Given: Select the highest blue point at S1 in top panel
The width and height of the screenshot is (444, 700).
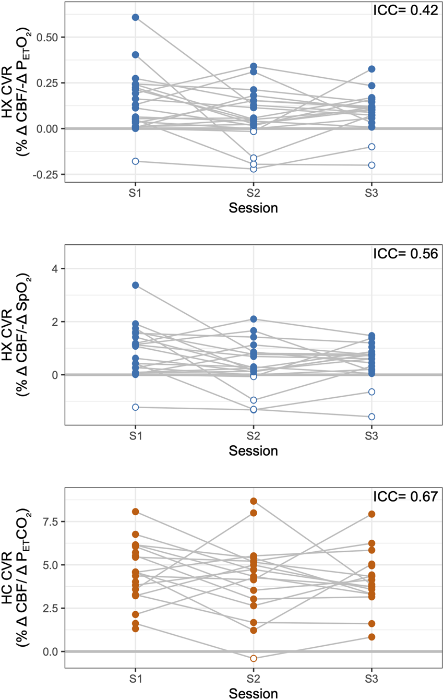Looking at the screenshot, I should pos(135,17).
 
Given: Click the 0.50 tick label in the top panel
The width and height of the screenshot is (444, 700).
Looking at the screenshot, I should pos(49,38).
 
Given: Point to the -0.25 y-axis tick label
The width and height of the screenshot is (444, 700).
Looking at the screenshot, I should pos(47,174).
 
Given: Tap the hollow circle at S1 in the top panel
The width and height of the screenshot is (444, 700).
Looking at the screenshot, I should pos(135,161).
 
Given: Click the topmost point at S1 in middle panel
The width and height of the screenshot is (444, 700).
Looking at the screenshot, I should pos(135,285).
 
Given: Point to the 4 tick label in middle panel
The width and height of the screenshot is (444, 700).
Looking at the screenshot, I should pos(54,269).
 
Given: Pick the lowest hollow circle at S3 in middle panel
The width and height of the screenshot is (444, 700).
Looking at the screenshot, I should pos(371,417).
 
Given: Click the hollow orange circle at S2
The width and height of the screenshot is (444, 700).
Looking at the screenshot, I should pos(254,658).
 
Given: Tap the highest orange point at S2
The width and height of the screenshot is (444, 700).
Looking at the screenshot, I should pos(254,501).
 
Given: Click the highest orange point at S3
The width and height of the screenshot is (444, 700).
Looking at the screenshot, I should pos(371,514).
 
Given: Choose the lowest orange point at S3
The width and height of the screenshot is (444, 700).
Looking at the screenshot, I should pos(371,637).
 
